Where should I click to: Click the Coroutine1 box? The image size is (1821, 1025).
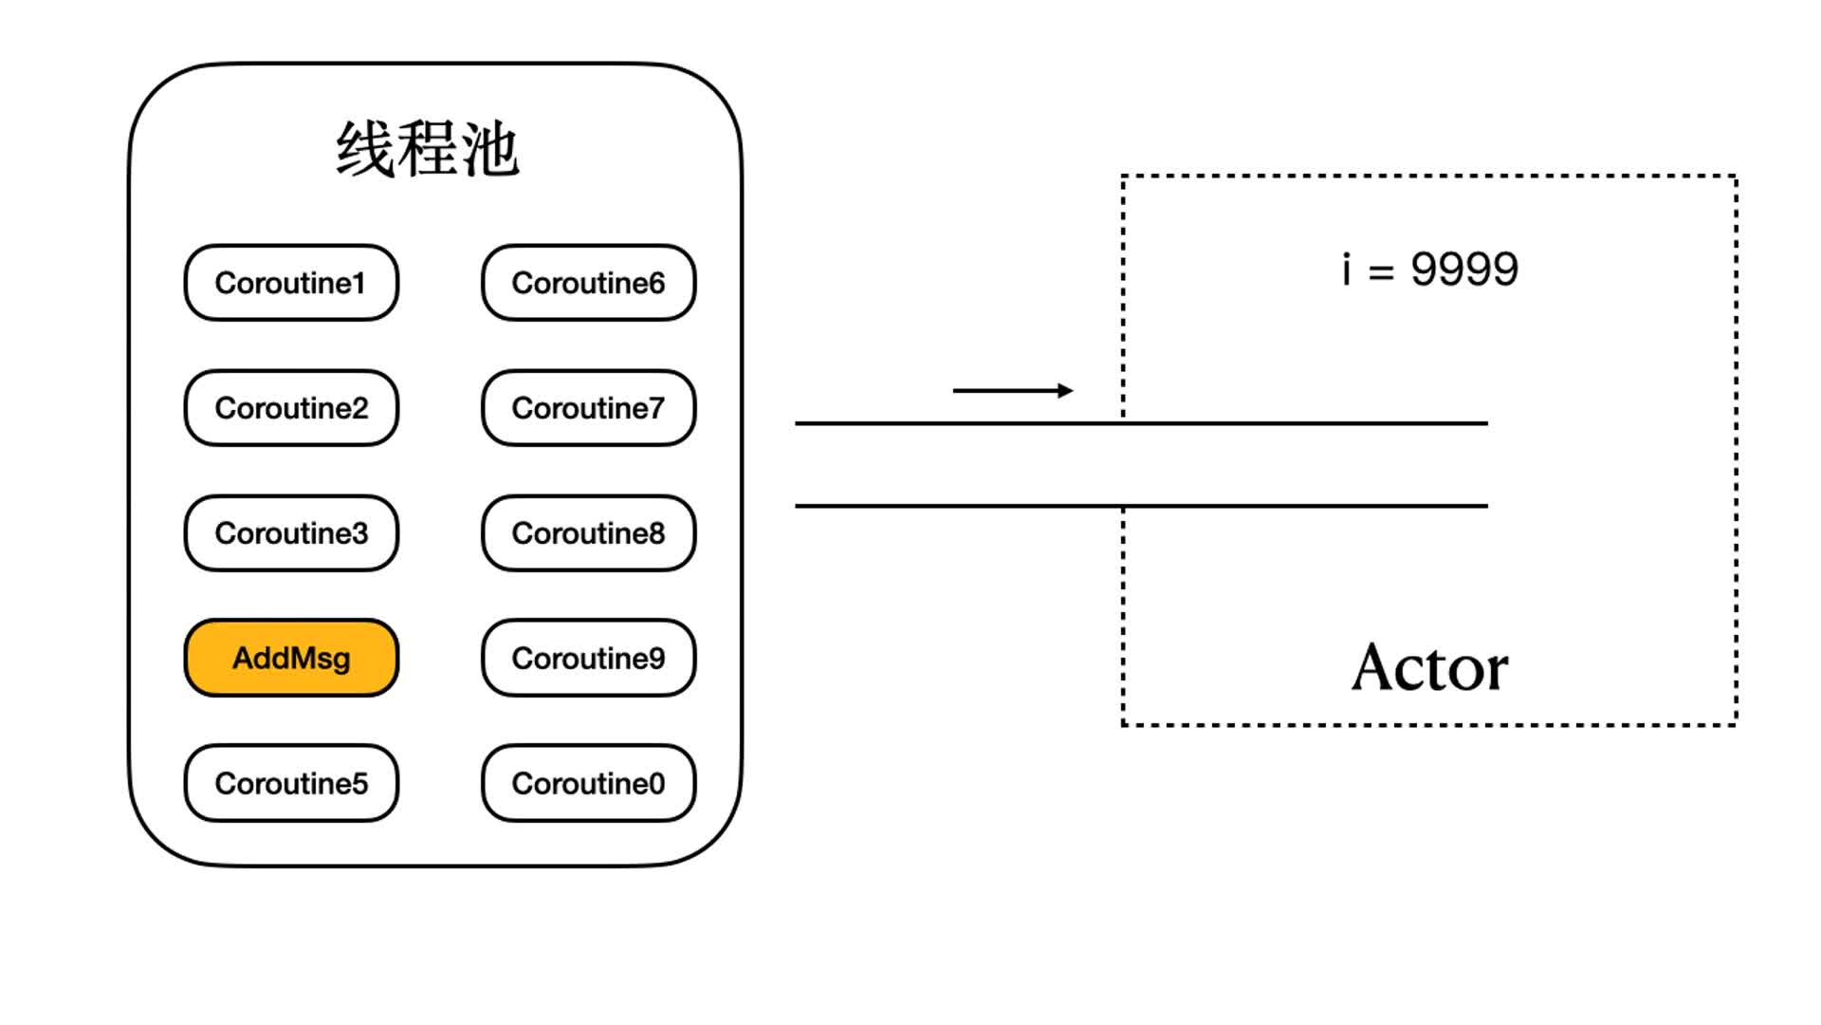click(291, 283)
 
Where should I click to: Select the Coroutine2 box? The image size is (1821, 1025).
click(291, 408)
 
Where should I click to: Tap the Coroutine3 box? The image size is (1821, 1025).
click(291, 533)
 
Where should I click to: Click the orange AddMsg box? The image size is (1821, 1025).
click(291, 658)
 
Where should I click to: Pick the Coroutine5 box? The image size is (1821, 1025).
click(291, 783)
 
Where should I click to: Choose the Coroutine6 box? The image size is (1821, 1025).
click(589, 283)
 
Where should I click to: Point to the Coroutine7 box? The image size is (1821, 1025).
click(589, 408)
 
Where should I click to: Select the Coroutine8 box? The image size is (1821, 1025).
click(589, 533)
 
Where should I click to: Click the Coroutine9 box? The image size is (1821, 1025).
click(589, 658)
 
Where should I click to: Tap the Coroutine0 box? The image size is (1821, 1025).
click(589, 783)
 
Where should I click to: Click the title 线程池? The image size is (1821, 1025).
click(428, 149)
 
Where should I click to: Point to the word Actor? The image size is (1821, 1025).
click(1429, 667)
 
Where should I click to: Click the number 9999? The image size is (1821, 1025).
click(1464, 270)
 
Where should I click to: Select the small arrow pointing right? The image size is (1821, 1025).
click(1013, 390)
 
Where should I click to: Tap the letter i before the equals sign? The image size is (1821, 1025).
click(1346, 269)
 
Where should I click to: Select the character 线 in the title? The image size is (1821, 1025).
click(365, 149)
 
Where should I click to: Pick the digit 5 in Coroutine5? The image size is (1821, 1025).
click(359, 784)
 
